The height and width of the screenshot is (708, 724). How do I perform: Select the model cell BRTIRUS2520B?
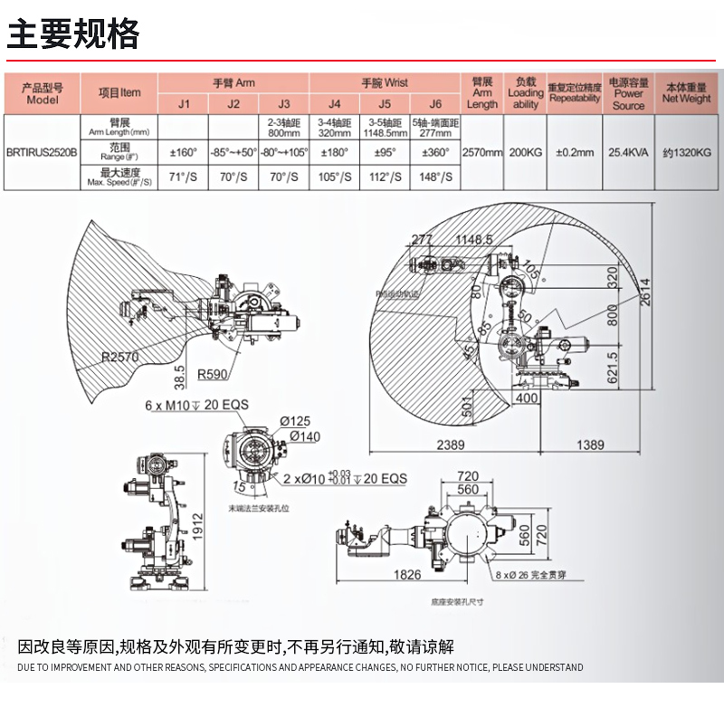(42, 152)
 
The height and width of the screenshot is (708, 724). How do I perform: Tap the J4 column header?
(334, 104)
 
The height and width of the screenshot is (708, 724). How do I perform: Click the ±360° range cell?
(435, 152)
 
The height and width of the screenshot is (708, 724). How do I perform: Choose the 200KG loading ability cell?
(525, 152)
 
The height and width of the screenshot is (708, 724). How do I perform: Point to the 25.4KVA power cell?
(628, 152)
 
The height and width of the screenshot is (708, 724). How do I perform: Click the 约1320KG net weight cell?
(687, 152)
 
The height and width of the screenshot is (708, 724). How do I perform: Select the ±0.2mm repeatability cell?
(575, 152)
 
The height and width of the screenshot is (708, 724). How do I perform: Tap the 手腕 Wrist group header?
(385, 82)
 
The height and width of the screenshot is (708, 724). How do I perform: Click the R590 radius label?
(213, 374)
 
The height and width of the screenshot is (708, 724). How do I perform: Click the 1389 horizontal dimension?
(590, 445)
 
